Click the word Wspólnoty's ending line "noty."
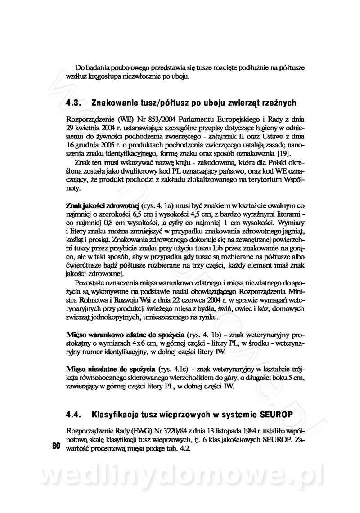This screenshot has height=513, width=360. pyautogui.click(x=73, y=189)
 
